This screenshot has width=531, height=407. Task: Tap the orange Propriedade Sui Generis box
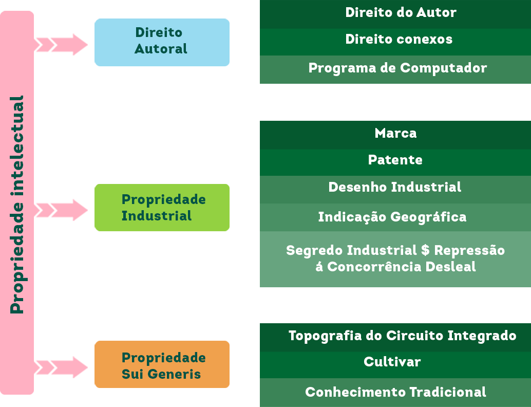(x=161, y=365)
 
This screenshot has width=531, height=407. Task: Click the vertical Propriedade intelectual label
(x=17, y=205)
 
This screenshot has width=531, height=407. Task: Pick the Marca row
(x=395, y=134)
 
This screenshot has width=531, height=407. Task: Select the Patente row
(x=395, y=160)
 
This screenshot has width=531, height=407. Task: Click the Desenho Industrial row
(x=395, y=187)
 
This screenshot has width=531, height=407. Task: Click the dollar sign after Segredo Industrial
(x=425, y=250)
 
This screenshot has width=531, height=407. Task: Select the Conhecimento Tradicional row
(x=395, y=392)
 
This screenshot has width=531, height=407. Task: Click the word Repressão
(x=469, y=251)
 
